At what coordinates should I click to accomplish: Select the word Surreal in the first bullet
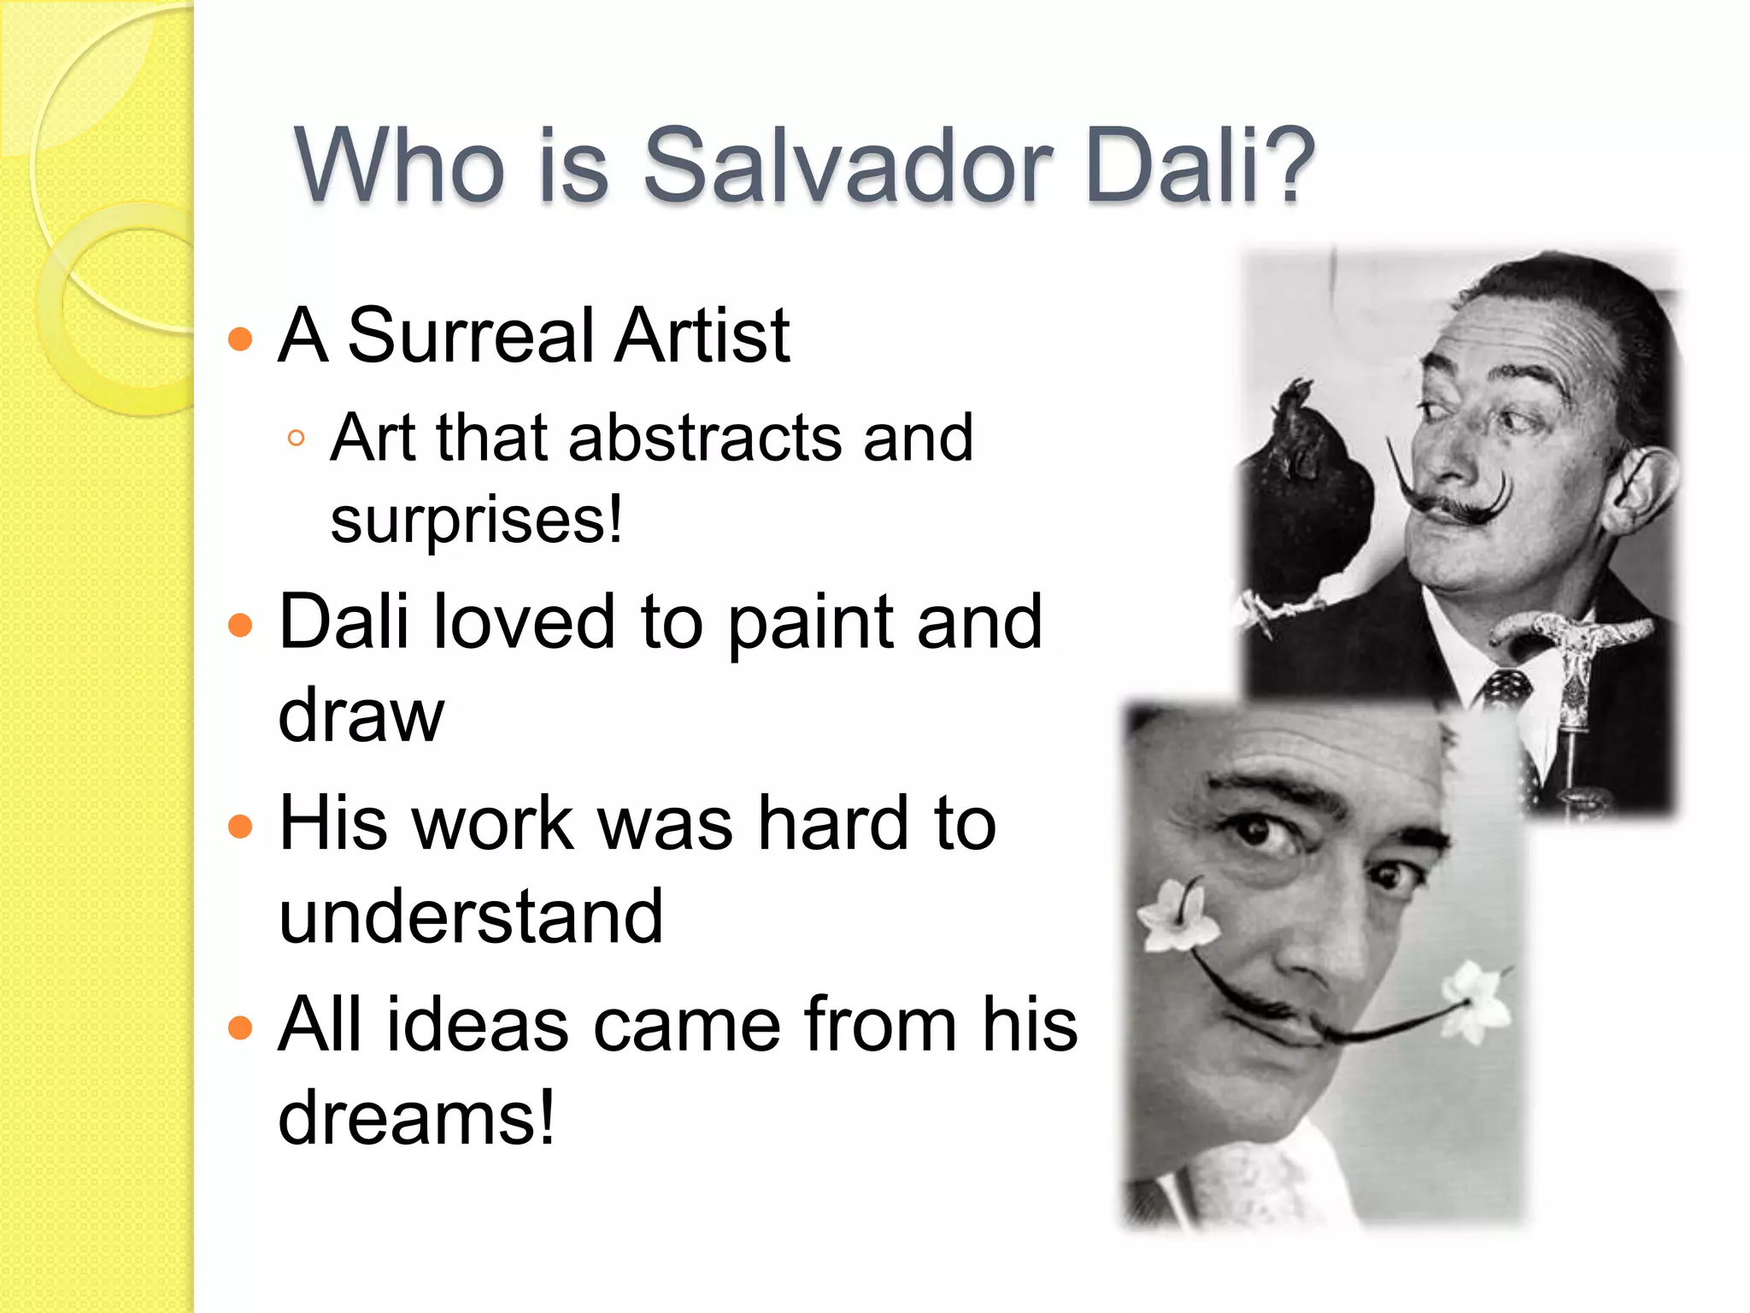click(471, 335)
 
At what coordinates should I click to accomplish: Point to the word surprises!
click(476, 519)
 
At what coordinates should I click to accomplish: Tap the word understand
click(471, 916)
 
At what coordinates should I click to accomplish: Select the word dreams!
click(417, 1116)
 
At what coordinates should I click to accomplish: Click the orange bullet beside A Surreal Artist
click(241, 339)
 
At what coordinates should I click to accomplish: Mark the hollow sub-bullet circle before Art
click(297, 439)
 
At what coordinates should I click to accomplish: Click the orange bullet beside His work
click(241, 826)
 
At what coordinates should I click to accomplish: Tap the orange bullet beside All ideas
click(241, 1027)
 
